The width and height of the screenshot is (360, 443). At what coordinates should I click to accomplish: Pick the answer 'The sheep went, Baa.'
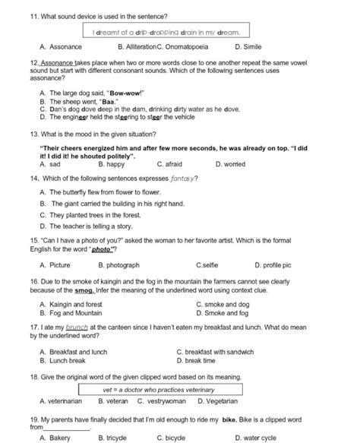[84, 100]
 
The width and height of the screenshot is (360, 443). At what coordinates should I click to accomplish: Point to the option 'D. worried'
[230, 163]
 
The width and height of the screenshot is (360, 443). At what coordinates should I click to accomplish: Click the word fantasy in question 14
[185, 179]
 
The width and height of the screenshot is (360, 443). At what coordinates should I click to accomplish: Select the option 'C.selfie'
[210, 265]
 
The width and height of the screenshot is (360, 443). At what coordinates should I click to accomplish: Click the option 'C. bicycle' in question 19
[170, 438]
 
